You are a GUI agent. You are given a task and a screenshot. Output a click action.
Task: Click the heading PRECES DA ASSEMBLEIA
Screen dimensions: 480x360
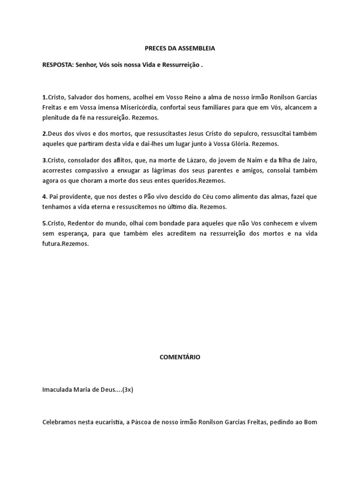(x=180, y=48)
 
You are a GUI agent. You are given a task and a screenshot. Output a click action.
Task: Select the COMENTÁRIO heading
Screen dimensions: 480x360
(x=180, y=357)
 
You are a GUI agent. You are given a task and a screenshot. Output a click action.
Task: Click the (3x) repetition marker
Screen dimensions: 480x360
(x=127, y=390)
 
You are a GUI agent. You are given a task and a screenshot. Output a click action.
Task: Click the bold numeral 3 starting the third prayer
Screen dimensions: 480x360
(x=44, y=160)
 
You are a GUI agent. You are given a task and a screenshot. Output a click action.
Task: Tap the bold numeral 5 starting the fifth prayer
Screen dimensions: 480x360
(x=44, y=223)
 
